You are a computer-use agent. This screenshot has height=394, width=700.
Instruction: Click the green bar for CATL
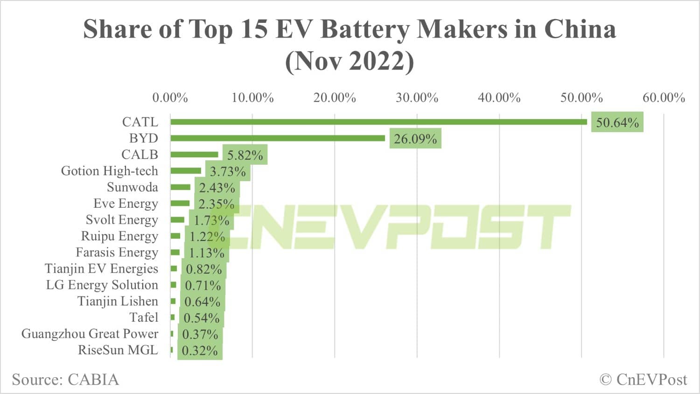pyautogui.click(x=378, y=122)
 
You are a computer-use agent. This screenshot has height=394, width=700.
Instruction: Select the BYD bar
pyautogui.click(x=278, y=138)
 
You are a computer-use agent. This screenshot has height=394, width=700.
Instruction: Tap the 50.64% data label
pyautogui.click(x=617, y=122)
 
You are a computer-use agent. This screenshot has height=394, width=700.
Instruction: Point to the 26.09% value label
pyautogui.click(x=415, y=139)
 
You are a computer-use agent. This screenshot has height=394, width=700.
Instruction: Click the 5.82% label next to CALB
pyautogui.click(x=245, y=155)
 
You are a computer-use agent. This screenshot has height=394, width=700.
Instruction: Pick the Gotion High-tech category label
pyautogui.click(x=109, y=171)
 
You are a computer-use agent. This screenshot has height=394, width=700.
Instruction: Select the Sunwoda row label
pyautogui.click(x=132, y=187)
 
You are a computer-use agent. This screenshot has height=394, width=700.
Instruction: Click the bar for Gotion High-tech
pyautogui.click(x=186, y=171)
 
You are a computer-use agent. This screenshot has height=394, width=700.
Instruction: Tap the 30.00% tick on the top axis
pyautogui.click(x=417, y=98)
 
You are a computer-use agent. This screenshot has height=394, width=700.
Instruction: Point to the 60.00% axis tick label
pyautogui.click(x=664, y=98)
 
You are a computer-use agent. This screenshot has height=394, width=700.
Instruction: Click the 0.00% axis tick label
pyautogui.click(x=170, y=98)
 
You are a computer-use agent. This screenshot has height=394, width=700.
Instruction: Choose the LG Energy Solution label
pyautogui.click(x=102, y=285)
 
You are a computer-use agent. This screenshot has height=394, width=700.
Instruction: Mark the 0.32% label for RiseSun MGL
pyautogui.click(x=200, y=351)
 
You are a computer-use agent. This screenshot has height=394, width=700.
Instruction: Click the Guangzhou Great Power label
pyautogui.click(x=90, y=334)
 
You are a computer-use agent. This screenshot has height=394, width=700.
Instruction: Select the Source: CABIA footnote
pyautogui.click(x=65, y=380)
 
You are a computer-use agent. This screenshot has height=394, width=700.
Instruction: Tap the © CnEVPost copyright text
pyautogui.click(x=643, y=380)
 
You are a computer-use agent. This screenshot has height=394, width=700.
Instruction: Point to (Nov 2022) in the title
pyautogui.click(x=350, y=61)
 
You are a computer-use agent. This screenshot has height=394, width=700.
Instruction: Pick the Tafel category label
pyautogui.click(x=144, y=317)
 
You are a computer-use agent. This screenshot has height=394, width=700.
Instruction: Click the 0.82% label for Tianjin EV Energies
pyautogui.click(x=203, y=269)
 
